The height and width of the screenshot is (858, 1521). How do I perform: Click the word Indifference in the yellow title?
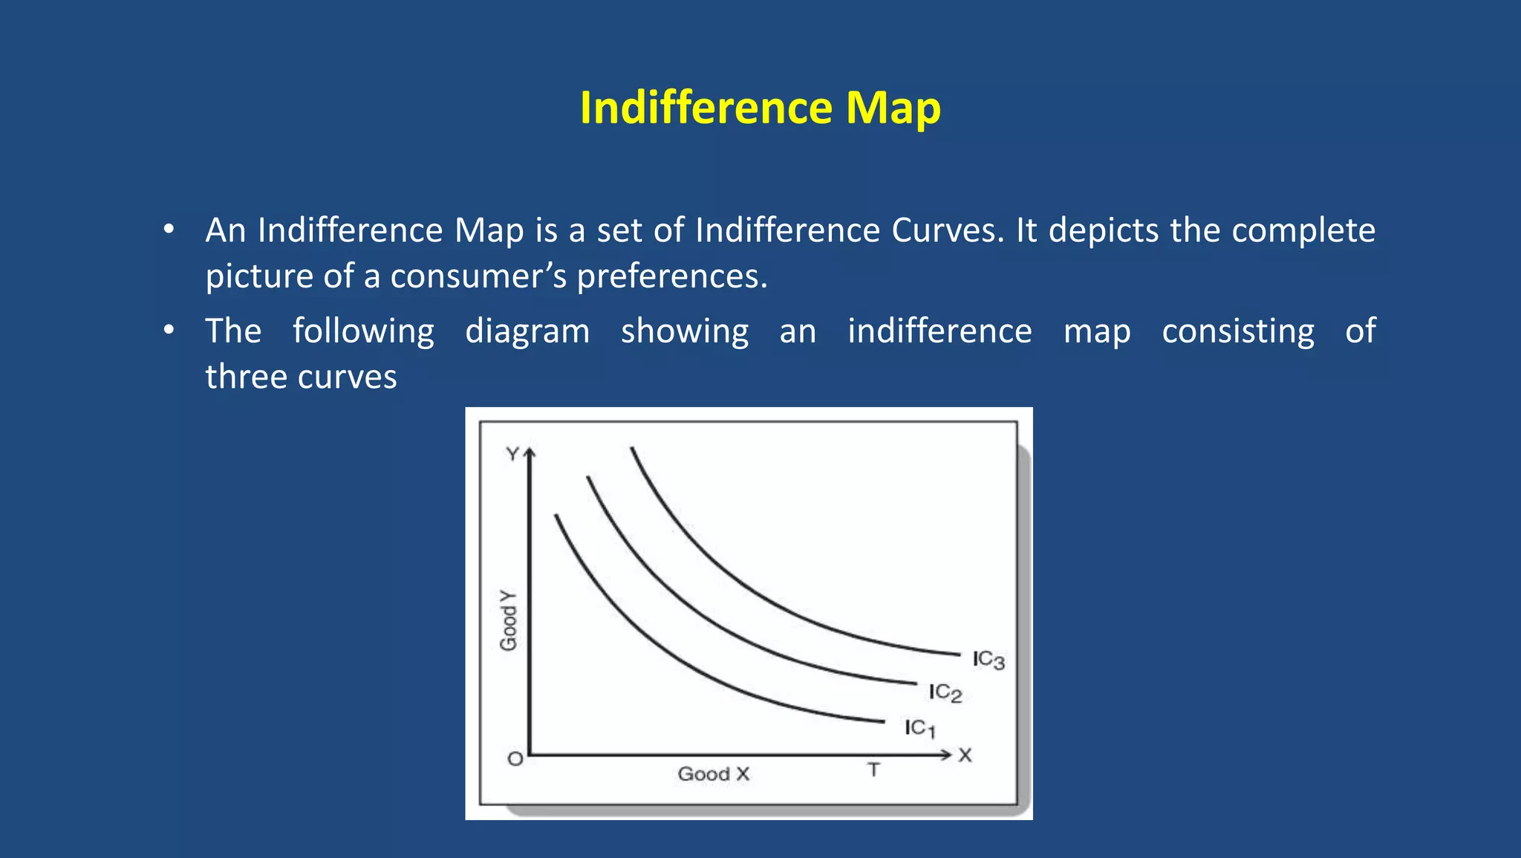click(x=706, y=108)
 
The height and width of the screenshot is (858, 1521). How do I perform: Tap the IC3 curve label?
click(x=989, y=660)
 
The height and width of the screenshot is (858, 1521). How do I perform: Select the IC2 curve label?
click(x=945, y=693)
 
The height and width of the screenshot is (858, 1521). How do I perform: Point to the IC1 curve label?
click(x=920, y=728)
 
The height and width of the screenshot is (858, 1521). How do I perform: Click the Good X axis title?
click(x=714, y=774)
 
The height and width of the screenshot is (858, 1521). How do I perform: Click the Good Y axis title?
click(x=509, y=621)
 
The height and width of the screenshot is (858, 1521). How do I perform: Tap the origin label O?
click(x=515, y=759)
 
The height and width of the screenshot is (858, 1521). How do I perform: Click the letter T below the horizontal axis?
click(x=874, y=770)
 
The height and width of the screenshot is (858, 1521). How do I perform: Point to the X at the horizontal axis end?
click(x=965, y=755)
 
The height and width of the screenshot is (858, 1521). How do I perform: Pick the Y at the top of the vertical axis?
click(x=512, y=454)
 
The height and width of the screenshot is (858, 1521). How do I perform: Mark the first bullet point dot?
click(x=169, y=229)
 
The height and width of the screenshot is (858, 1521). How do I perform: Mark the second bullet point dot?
click(x=169, y=330)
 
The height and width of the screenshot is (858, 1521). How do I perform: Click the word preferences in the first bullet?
click(x=671, y=276)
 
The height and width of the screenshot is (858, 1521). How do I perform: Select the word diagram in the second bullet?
click(x=527, y=331)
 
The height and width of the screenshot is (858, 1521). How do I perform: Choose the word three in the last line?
click(x=246, y=377)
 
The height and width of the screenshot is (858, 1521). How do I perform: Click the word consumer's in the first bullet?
click(x=478, y=276)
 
